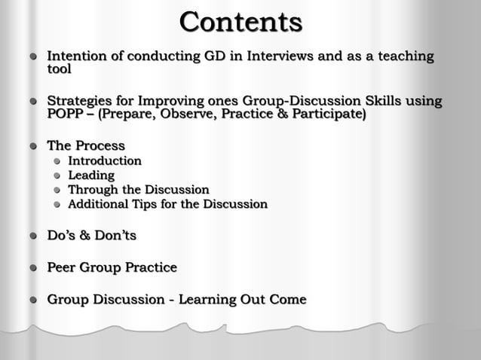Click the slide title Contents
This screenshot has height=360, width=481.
point(240,22)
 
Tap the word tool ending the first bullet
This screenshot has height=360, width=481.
point(60,69)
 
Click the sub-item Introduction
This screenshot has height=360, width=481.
point(105,161)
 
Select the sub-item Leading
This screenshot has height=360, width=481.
point(91,175)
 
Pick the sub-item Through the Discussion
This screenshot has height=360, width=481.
point(139,190)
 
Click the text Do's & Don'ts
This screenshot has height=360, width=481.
point(92,236)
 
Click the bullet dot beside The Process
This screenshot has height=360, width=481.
point(33,146)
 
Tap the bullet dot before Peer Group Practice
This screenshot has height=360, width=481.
point(33,268)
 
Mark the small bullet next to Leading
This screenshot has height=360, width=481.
point(56,176)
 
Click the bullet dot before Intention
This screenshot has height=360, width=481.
point(33,57)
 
